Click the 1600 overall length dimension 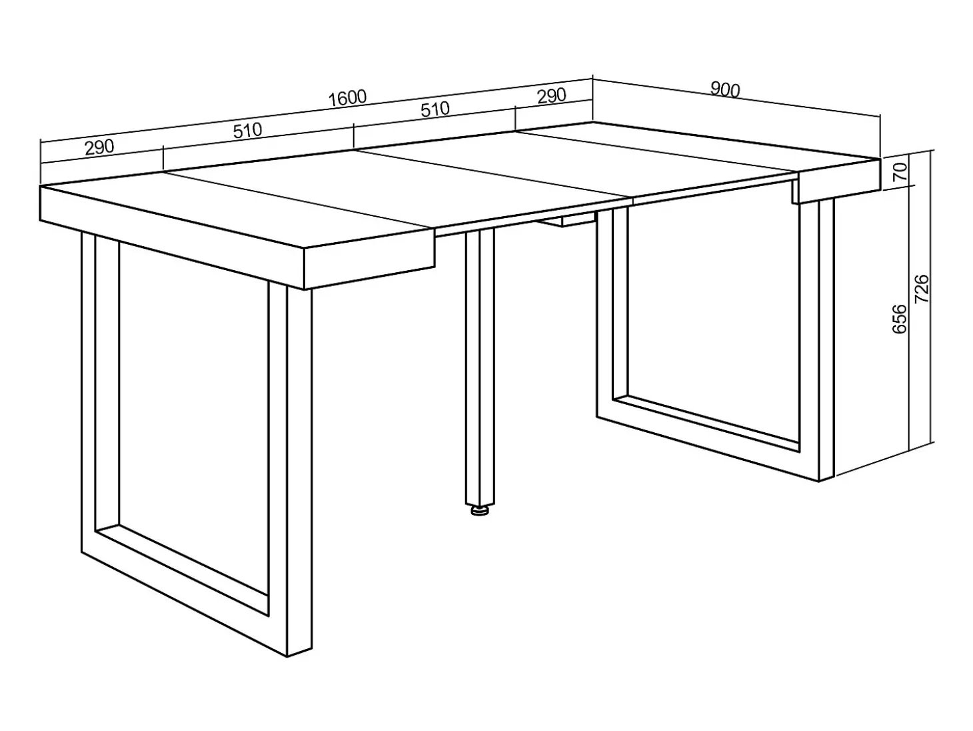coord(347,98)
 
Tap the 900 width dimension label coord(725,90)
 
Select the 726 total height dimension coord(922,289)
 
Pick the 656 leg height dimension coord(900,319)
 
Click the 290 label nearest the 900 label coord(551,96)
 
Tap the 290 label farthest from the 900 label coord(99,147)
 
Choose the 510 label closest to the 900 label coord(435,109)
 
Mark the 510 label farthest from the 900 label coord(248,131)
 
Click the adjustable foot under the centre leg coord(479,510)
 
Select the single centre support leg coord(480,368)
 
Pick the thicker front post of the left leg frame coord(299,471)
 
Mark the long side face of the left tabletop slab coord(172,237)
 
